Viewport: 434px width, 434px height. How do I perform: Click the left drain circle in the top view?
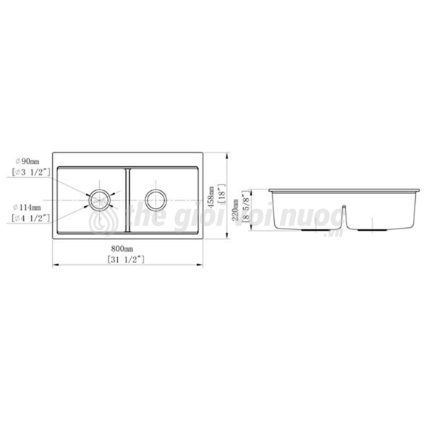(100, 199)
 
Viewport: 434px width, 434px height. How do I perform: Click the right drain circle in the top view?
(156, 199)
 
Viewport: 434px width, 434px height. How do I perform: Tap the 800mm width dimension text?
(127, 249)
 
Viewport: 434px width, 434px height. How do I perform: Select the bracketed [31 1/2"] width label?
(127, 258)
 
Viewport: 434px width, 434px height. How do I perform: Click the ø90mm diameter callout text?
(27, 161)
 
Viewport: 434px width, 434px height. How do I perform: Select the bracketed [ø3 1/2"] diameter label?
(30, 172)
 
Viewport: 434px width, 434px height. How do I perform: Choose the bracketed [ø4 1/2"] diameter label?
(30, 217)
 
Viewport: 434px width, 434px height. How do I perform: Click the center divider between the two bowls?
(128, 199)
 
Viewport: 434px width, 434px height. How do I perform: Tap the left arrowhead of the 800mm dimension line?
(56, 264)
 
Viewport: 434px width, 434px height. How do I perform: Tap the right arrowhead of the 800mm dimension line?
(201, 264)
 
